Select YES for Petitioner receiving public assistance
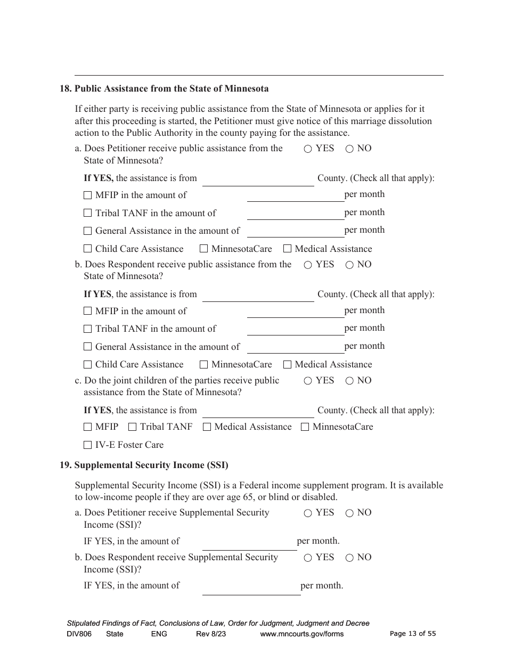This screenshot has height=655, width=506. coord(308,149)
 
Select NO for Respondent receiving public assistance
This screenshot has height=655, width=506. coord(349,265)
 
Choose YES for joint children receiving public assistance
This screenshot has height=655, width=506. coord(308,381)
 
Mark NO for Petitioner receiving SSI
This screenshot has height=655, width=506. coord(349,513)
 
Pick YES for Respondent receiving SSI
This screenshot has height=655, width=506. coord(308,558)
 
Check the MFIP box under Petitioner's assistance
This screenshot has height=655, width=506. coord(88,195)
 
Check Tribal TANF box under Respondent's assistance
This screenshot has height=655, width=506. coord(88,330)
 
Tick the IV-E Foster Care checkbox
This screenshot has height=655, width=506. coord(88,445)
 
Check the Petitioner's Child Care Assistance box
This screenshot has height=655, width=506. coord(88,249)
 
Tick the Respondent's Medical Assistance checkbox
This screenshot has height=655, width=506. coord(288,365)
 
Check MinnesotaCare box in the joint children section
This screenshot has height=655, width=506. coord(305,427)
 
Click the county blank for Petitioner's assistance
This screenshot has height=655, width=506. coord(258,179)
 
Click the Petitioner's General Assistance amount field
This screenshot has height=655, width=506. coord(296,231)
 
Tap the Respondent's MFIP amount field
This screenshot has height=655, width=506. coord(296,312)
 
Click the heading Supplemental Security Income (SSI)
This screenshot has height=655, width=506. coord(151,465)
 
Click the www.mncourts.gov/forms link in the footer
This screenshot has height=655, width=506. coord(301,634)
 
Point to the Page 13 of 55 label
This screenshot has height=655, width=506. coord(413,634)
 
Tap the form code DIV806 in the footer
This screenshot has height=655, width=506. coord(79,634)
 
